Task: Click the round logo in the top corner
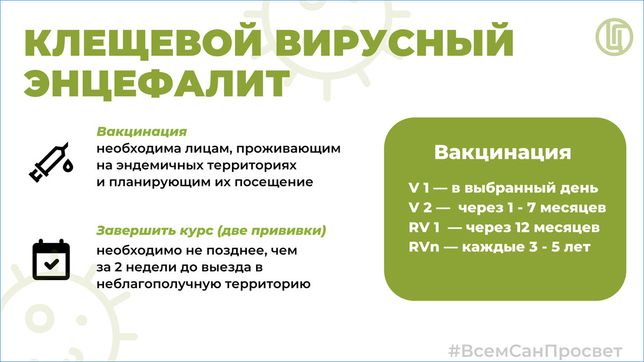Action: [614, 37]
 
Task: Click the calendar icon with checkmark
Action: [51, 260]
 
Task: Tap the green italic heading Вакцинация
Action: [142, 132]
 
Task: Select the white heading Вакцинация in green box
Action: [502, 152]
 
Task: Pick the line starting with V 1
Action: [503, 188]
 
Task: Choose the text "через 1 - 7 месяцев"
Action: [532, 208]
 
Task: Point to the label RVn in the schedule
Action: [424, 247]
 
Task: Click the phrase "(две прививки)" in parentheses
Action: [272, 231]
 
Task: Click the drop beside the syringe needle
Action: [68, 166]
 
